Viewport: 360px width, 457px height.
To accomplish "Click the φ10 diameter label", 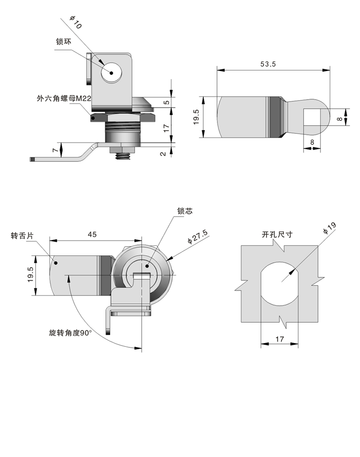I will tap(75, 23).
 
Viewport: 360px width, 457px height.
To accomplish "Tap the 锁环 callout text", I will tap(64, 42).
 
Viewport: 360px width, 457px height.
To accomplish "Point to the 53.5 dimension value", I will tap(268, 64).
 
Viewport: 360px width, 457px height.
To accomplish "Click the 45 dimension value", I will tap(92, 234).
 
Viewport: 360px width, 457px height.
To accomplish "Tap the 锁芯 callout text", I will tap(185, 211).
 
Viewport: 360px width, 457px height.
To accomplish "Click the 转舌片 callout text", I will tap(22, 236).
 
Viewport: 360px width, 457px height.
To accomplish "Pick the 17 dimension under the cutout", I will tap(280, 339).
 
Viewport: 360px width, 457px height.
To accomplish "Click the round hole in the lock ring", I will tap(111, 72).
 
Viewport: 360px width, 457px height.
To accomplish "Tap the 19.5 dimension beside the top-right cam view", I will tap(196, 117).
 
